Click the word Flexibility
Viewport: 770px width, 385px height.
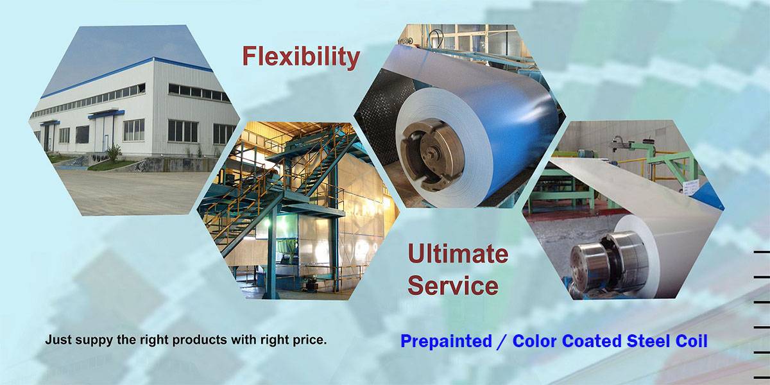point(301,56)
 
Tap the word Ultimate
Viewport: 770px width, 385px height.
point(458,253)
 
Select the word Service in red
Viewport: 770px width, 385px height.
point(453,286)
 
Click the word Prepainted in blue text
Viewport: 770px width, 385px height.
point(446,341)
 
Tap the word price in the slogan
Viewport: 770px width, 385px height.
point(309,340)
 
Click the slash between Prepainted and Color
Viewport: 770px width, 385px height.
point(502,341)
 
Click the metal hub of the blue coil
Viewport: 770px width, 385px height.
point(431,155)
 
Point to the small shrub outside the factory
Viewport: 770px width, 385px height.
point(114,152)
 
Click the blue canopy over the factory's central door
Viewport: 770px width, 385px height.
point(107,114)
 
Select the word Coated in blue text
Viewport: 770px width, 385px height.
point(593,341)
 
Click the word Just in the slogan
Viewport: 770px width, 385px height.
point(58,339)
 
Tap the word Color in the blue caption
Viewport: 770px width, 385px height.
point(535,341)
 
